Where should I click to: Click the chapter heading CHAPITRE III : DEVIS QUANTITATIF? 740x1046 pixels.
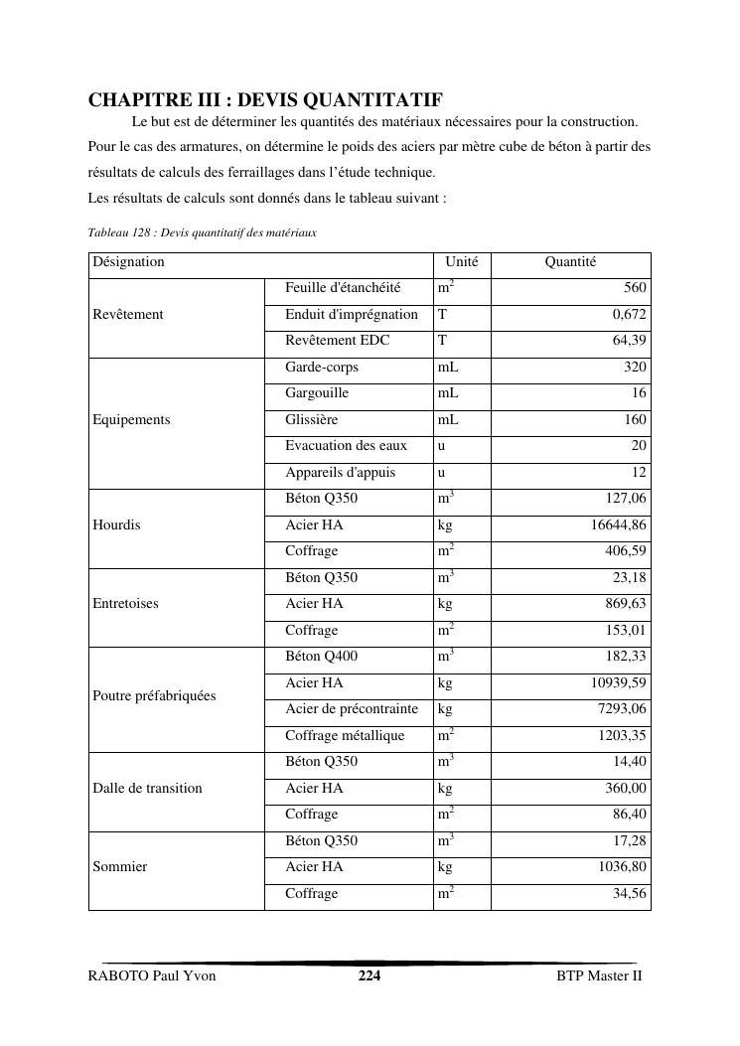tap(265, 100)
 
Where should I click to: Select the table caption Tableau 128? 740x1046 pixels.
tap(202, 232)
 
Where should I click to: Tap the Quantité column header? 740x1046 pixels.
tap(570, 262)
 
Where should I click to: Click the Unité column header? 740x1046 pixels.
tap(461, 262)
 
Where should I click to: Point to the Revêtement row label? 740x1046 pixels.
tap(128, 315)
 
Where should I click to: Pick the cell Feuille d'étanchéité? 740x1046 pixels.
tap(343, 288)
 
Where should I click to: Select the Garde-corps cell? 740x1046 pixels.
tap(322, 367)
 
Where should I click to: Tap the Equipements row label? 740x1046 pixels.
tap(131, 420)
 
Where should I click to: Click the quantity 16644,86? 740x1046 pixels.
tap(618, 525)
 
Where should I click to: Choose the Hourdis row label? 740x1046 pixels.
tap(116, 525)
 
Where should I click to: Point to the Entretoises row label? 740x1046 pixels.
tap(125, 604)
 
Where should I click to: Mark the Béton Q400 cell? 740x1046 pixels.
tap(322, 657)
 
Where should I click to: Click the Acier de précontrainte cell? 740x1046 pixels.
tap(352, 709)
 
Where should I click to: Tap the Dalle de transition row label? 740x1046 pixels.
tap(147, 789)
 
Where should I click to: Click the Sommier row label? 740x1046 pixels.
tap(119, 867)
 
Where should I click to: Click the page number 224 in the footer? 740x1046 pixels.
tap(370, 975)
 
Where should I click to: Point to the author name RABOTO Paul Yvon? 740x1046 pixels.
tap(152, 975)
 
